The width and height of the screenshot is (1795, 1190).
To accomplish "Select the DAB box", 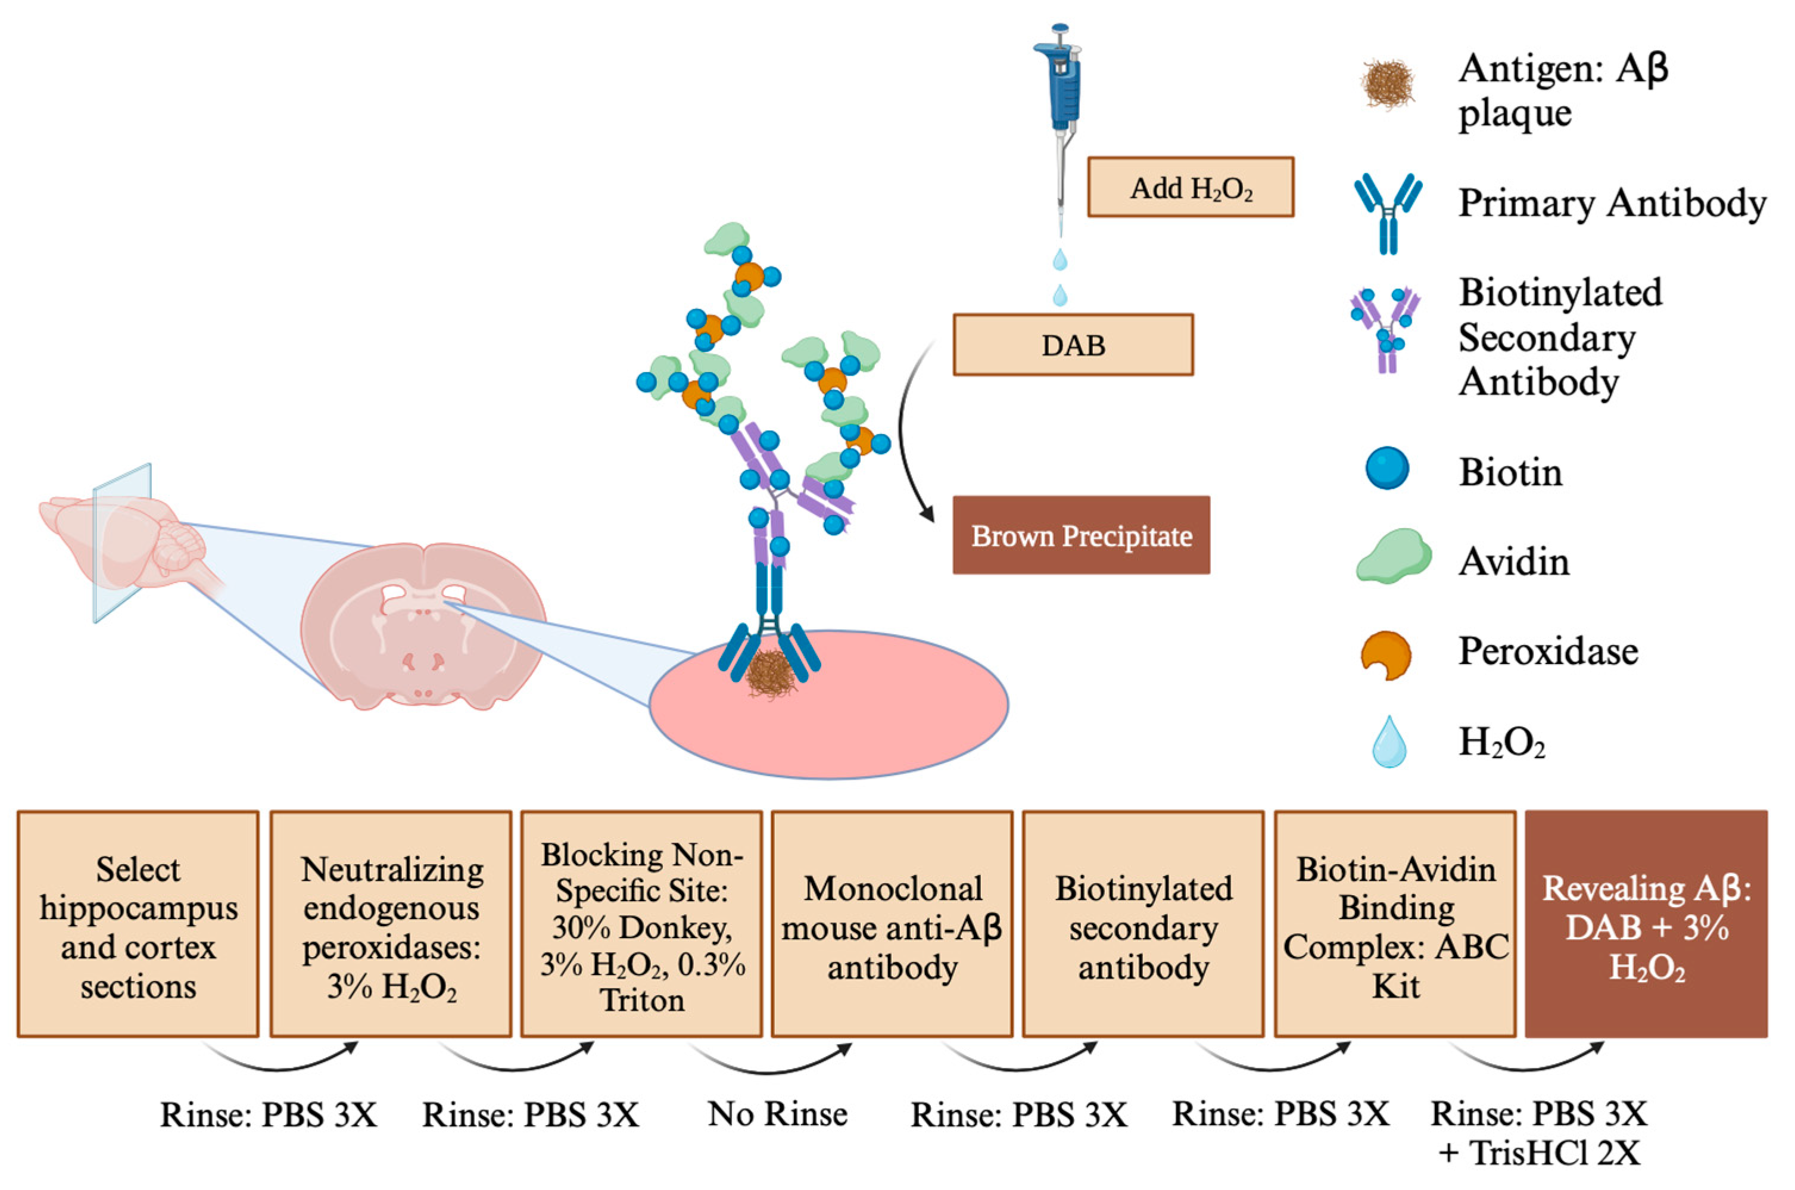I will click(x=1073, y=345).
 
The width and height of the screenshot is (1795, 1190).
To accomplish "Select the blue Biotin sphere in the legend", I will click(x=1388, y=468).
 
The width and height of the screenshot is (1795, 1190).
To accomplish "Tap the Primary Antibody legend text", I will click(x=1612, y=203).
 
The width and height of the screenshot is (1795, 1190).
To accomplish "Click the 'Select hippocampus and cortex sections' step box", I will click(x=138, y=924).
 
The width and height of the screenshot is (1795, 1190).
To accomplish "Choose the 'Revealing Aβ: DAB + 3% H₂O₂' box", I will click(x=1646, y=924).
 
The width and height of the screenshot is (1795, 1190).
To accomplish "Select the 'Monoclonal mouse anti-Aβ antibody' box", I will click(x=892, y=924).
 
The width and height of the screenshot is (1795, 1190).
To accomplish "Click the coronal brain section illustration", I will click(x=423, y=626).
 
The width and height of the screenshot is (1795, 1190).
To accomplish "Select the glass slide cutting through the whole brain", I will click(x=121, y=543).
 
